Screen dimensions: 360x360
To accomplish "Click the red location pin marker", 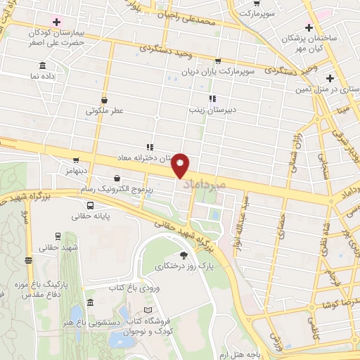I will click(x=181, y=165).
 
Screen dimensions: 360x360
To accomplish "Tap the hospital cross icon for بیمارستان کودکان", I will click(x=56, y=22).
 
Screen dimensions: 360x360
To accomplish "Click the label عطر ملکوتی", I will click(x=105, y=111).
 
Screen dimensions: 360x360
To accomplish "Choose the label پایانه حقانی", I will click(x=91, y=217).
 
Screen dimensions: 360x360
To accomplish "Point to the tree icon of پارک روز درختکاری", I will click(x=184, y=255).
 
